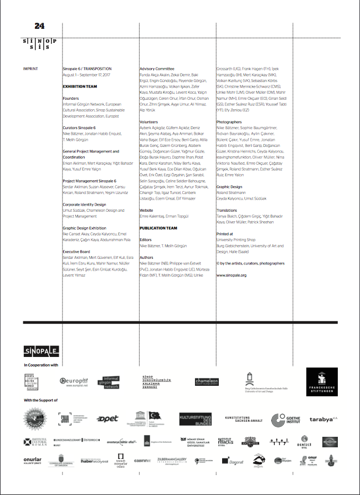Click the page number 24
pyautogui.click(x=39, y=25)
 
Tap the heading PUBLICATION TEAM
pyautogui.click(x=158, y=228)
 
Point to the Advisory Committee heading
pyautogui.click(x=158, y=69)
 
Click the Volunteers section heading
pyautogui.click(x=149, y=121)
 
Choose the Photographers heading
pyautogui.click(x=229, y=121)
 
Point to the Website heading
pyautogui.click(x=146, y=210)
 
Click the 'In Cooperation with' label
pyautogui.click(x=41, y=365)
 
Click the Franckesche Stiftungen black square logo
pyautogui.click(x=322, y=381)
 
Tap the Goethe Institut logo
pyautogui.click(x=287, y=419)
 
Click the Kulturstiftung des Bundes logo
pyautogui.click(x=195, y=419)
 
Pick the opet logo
pyautogui.click(x=107, y=419)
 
